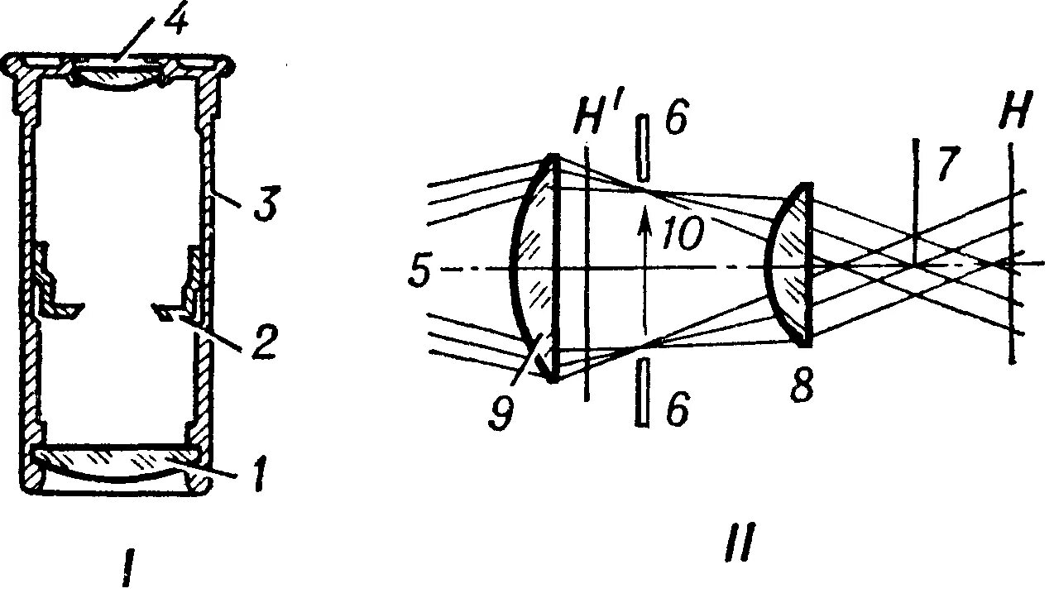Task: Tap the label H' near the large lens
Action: tap(598, 122)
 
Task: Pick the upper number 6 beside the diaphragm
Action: tap(676, 123)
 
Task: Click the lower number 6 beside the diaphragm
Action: tap(676, 409)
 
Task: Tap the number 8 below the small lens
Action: tap(800, 386)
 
